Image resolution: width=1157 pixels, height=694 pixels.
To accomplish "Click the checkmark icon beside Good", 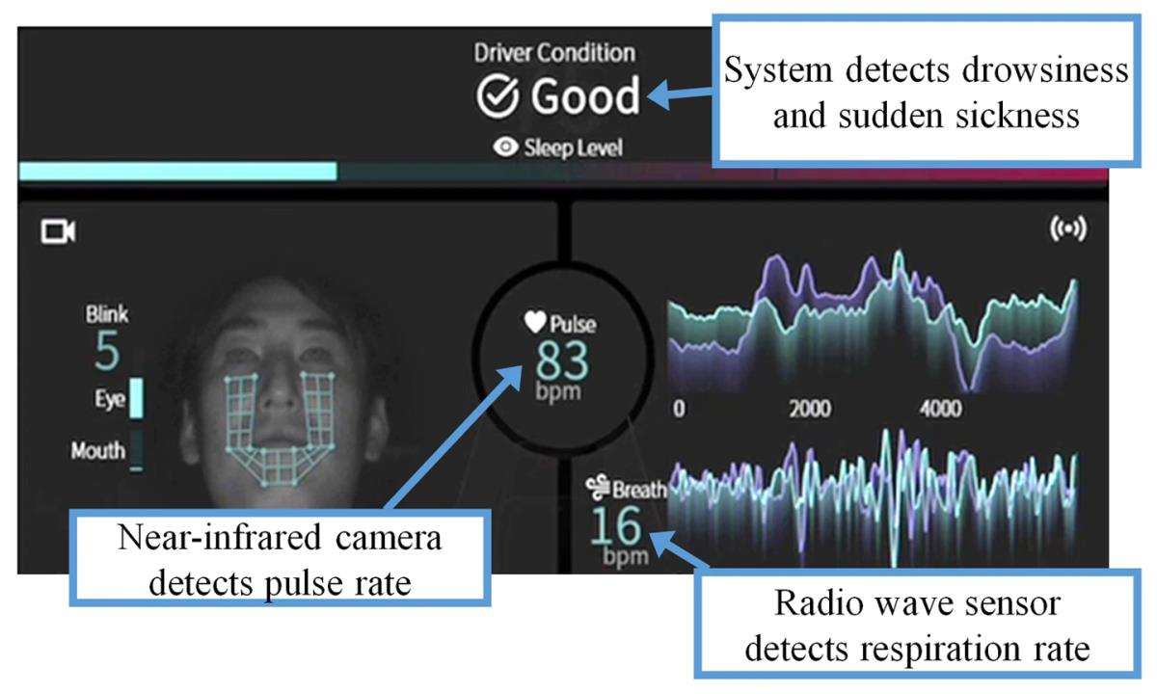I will pos(498,97).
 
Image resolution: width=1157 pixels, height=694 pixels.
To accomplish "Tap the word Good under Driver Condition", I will pos(585,97).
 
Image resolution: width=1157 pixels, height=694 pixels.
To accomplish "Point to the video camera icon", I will pos(57,231).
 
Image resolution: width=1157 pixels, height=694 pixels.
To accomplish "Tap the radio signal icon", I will pos(1066,231).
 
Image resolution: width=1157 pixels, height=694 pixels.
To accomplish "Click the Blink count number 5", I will pos(107,353).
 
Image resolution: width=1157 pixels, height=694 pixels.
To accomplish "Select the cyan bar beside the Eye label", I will pos(136,398).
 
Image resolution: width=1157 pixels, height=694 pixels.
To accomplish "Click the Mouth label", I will pos(98,449).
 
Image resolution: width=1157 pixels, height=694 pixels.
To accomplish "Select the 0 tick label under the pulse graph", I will pos(680,408).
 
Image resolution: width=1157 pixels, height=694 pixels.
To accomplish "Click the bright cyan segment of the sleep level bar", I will pos(177,172).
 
